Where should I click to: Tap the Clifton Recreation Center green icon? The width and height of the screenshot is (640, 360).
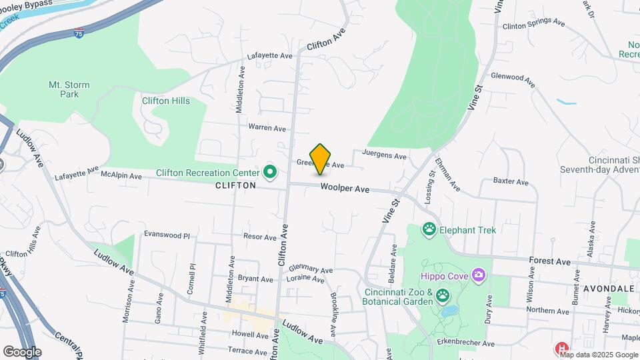[270, 173]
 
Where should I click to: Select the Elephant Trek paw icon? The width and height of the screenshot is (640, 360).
[429, 230]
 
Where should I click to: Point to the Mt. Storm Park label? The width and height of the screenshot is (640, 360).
[69, 89]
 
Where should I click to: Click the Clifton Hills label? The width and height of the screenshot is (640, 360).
[166, 101]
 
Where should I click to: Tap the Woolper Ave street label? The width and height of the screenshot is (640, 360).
[345, 189]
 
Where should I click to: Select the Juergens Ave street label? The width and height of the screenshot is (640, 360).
[384, 156]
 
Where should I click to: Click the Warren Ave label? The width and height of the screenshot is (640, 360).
[267, 127]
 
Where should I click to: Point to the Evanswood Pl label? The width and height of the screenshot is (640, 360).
[167, 235]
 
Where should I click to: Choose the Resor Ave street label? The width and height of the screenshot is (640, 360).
[260, 237]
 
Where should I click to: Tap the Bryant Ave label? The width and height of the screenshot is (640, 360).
[256, 279]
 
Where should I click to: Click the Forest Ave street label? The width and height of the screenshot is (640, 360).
[550, 261]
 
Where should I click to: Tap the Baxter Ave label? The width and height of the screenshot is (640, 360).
[511, 181]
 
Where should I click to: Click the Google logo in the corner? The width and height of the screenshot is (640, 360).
[22, 351]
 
